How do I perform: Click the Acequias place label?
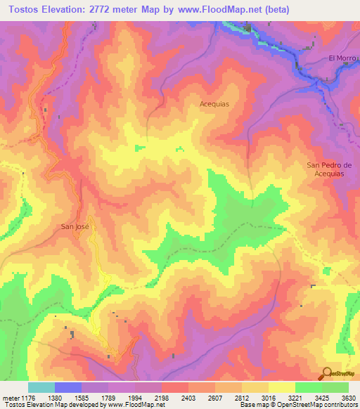coord(214,103)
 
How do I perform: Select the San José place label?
coord(75,227)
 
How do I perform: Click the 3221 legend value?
coord(295,397)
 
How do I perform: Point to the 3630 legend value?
coord(347,397)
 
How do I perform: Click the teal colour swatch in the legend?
coord(41,387)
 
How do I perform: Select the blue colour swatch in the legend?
coord(68,387)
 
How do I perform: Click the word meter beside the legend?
coord(11,397)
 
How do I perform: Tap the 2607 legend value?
coord(214,397)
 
